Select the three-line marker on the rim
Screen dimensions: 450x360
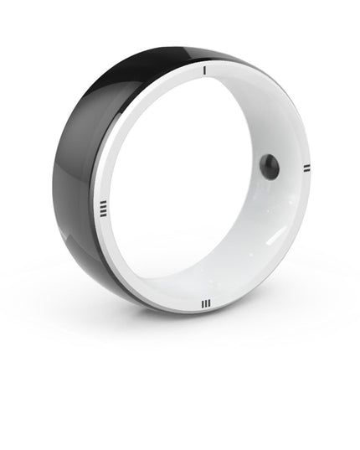click(x=204, y=303)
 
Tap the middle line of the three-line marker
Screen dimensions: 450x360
click(x=204, y=303)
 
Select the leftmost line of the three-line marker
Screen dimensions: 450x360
click(x=201, y=303)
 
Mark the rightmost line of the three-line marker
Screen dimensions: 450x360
click(x=208, y=303)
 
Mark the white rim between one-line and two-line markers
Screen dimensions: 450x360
click(x=276, y=101)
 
